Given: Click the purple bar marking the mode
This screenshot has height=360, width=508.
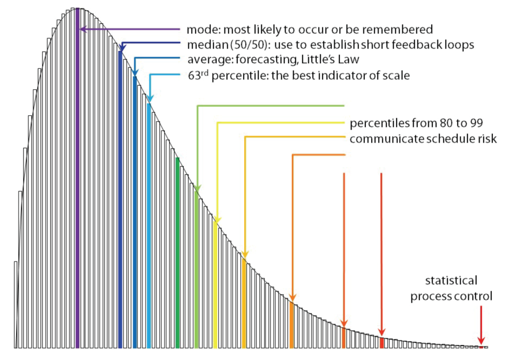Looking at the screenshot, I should click(x=77, y=182).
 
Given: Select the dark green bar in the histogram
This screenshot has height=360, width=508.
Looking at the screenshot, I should click(x=178, y=254).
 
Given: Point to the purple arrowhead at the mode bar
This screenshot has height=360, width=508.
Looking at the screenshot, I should click(x=81, y=30).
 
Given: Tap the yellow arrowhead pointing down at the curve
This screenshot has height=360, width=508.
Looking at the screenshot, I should click(x=217, y=219).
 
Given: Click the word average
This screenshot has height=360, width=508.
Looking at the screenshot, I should click(x=205, y=59).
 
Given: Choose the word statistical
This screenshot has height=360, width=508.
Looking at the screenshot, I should click(x=451, y=281).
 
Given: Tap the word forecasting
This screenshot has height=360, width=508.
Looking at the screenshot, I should click(x=253, y=59).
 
